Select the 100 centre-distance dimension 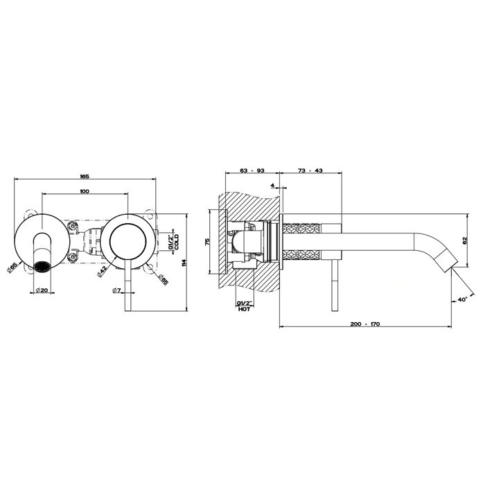pyautogui.click(x=84, y=191)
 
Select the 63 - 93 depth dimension pyautogui.click(x=251, y=170)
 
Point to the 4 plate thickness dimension pyautogui.click(x=273, y=186)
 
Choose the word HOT pyautogui.click(x=243, y=310)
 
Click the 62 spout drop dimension pyautogui.click(x=466, y=240)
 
